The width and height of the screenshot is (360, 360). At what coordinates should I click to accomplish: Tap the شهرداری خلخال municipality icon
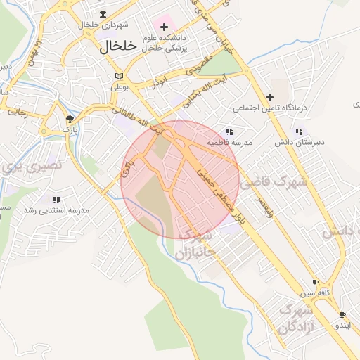103,15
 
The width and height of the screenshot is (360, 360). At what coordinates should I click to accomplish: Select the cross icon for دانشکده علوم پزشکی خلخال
165,27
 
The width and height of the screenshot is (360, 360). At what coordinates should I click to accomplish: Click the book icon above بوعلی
119,76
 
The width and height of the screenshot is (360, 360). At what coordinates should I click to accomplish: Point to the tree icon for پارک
69,119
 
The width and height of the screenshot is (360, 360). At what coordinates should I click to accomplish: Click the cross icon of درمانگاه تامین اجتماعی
269,98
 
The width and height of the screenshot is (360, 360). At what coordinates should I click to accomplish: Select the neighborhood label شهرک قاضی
274,183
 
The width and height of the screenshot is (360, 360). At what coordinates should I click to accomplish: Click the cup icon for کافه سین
315,282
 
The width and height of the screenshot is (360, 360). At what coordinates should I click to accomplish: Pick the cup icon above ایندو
342,315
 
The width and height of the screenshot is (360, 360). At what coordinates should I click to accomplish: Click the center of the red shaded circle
180,180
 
